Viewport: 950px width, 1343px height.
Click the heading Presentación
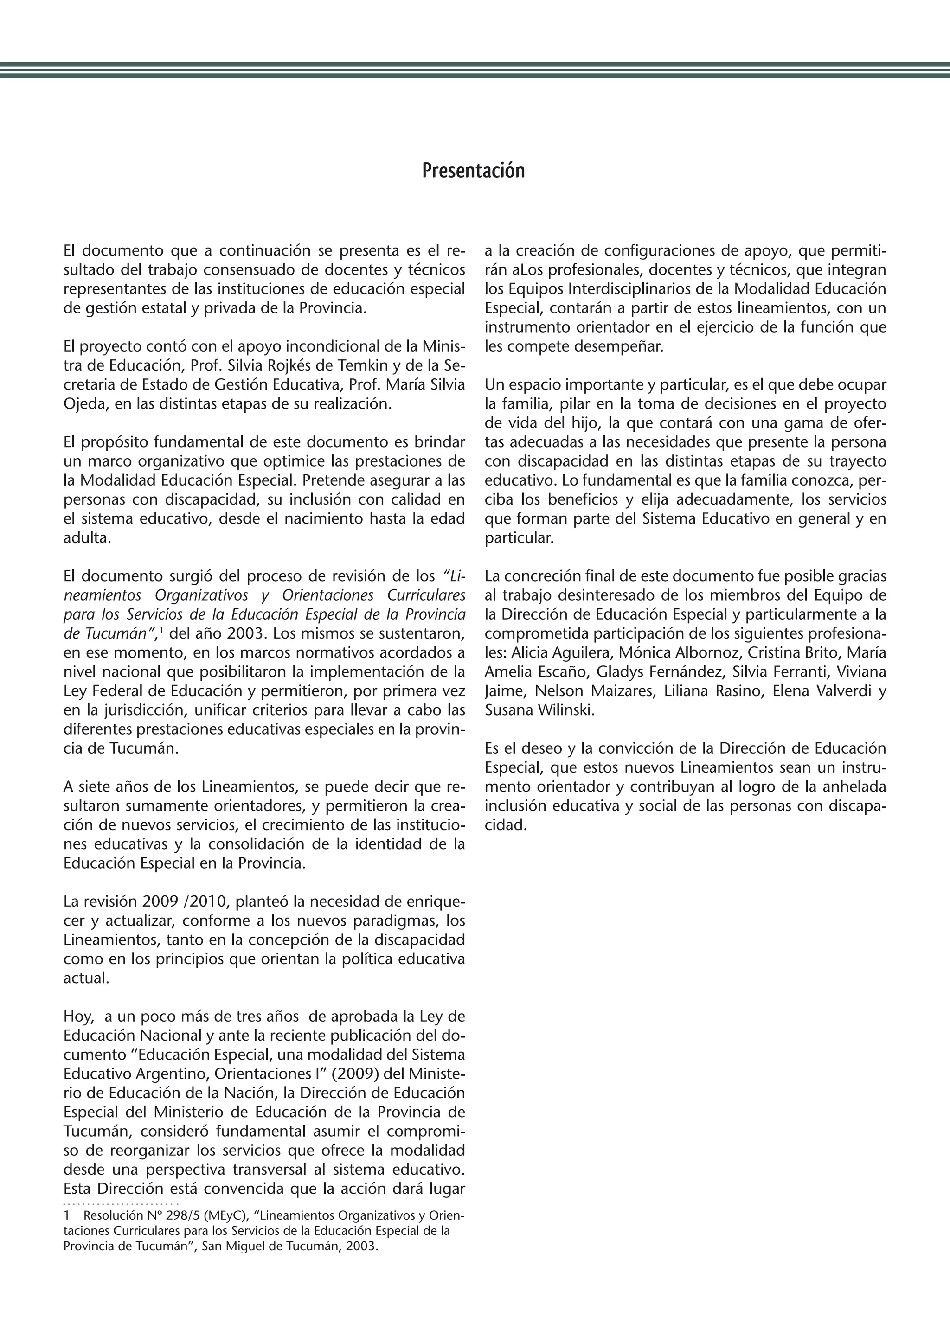pos(473,171)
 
